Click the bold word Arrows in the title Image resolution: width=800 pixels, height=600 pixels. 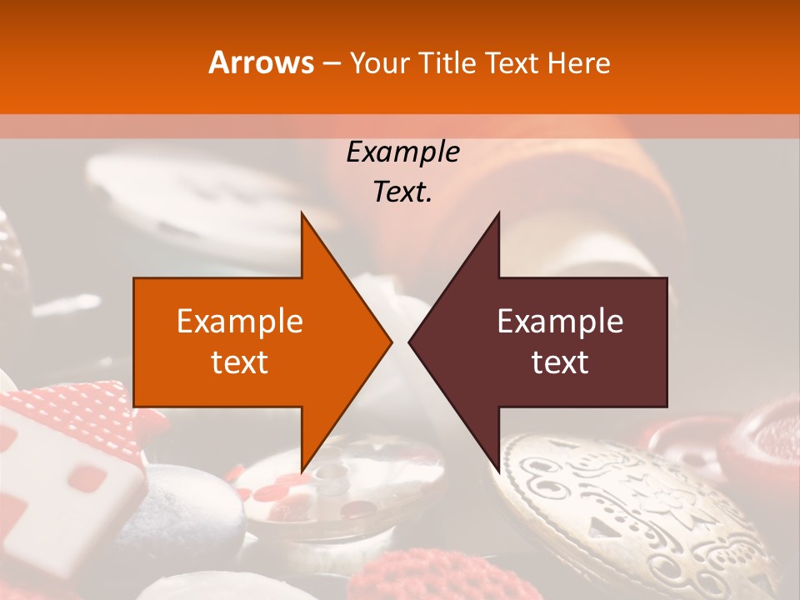coord(261,62)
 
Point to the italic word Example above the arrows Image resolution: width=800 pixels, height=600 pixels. coord(402,152)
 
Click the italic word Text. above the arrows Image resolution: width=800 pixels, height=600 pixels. coord(402,192)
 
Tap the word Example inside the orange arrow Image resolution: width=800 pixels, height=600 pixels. coord(240,322)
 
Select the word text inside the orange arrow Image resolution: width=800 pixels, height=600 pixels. coord(240,362)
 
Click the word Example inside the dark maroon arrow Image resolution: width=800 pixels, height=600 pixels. coord(560,322)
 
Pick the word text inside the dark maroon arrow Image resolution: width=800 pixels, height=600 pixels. coord(560,362)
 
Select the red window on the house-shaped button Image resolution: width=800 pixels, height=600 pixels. coord(87,477)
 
